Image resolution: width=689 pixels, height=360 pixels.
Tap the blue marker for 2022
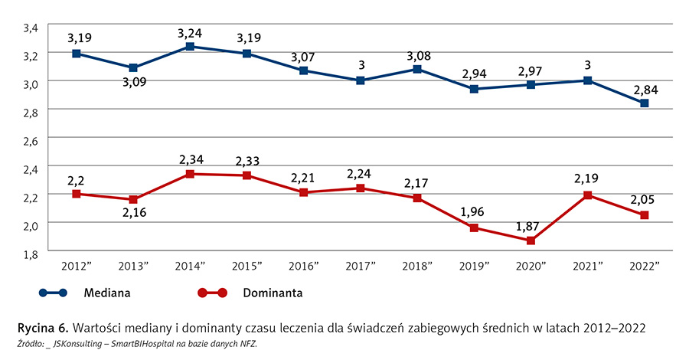(x=645, y=103)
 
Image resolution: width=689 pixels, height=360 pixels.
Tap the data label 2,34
(x=191, y=159)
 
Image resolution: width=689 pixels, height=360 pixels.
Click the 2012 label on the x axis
(x=78, y=265)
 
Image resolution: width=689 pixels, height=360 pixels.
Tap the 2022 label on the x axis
(x=645, y=265)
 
